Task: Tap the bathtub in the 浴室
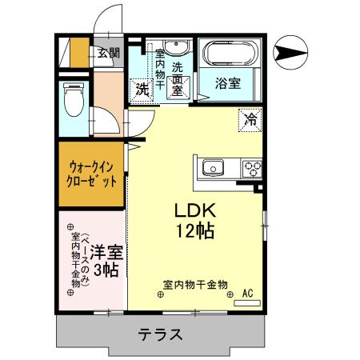[x=228, y=55]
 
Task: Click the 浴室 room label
[x=228, y=82]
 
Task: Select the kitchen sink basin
[x=213, y=168]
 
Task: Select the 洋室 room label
[x=105, y=250]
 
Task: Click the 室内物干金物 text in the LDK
[x=195, y=285]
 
